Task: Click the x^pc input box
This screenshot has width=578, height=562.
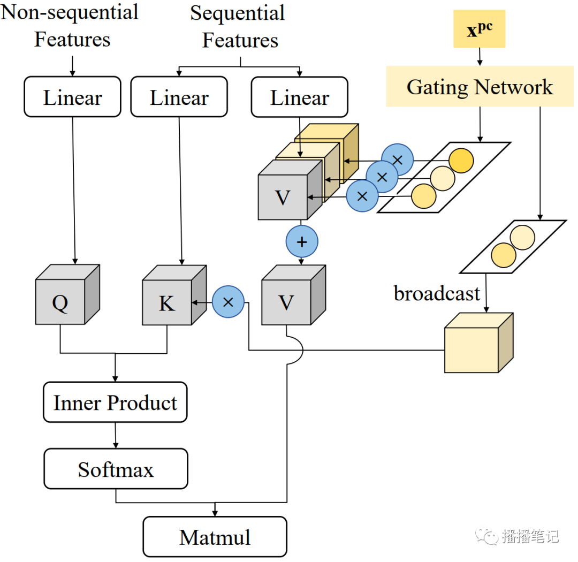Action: [x=479, y=29]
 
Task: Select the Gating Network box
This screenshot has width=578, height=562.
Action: [x=480, y=87]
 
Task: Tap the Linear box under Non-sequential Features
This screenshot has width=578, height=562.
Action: [x=72, y=97]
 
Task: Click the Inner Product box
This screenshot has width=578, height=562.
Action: [x=115, y=402]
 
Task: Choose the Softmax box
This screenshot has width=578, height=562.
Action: [x=116, y=469]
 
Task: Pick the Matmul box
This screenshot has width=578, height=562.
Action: [x=215, y=537]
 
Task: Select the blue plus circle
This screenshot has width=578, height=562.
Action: [x=302, y=241]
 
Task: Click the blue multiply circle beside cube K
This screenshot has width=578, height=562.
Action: [x=228, y=302]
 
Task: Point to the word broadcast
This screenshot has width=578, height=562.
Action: [x=437, y=293]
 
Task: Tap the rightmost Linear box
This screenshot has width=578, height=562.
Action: [x=299, y=97]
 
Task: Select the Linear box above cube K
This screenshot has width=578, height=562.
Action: [x=179, y=97]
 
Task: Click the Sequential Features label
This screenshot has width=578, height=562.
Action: [x=239, y=27]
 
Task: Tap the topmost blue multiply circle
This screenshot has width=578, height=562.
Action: [x=397, y=160]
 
